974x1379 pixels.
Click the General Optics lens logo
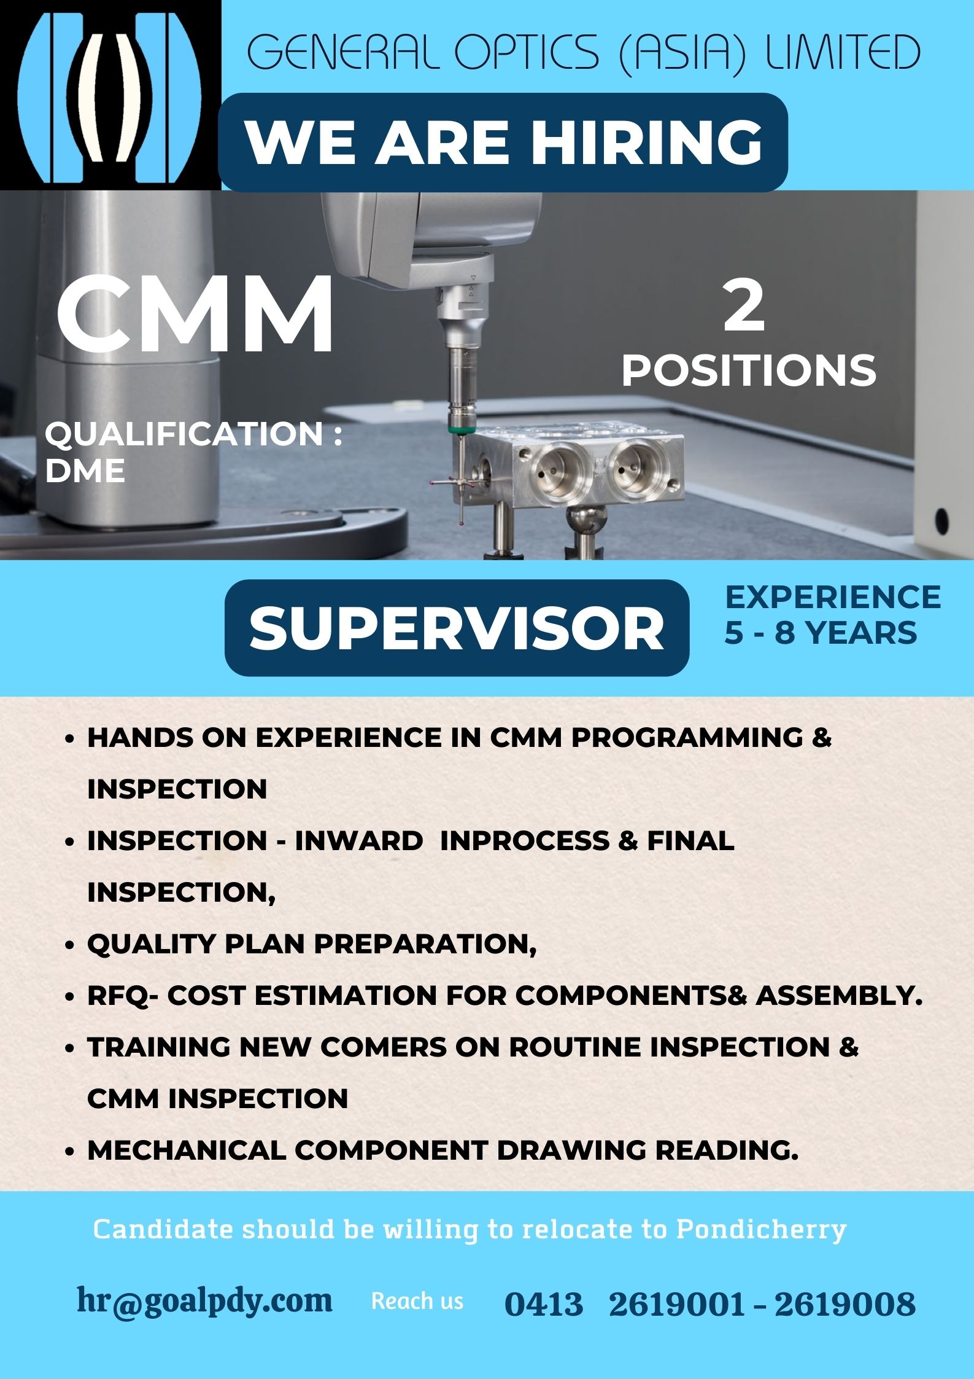(x=110, y=95)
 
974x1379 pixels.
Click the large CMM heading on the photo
(x=195, y=314)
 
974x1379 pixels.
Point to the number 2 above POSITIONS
(x=744, y=305)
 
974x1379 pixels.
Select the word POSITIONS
(x=749, y=371)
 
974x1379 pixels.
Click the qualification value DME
(x=85, y=471)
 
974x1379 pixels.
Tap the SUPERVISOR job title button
(x=457, y=627)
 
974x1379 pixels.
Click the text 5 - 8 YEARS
(x=821, y=633)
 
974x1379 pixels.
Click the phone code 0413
(x=543, y=1304)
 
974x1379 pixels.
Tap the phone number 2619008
(x=845, y=1304)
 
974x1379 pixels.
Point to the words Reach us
(x=417, y=1301)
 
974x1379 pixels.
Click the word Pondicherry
(x=761, y=1229)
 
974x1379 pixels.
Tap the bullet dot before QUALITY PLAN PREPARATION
(x=69, y=945)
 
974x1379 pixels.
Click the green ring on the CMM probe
(x=455, y=431)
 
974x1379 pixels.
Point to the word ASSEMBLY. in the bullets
(x=839, y=996)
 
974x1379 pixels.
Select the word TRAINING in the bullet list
(x=159, y=1047)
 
